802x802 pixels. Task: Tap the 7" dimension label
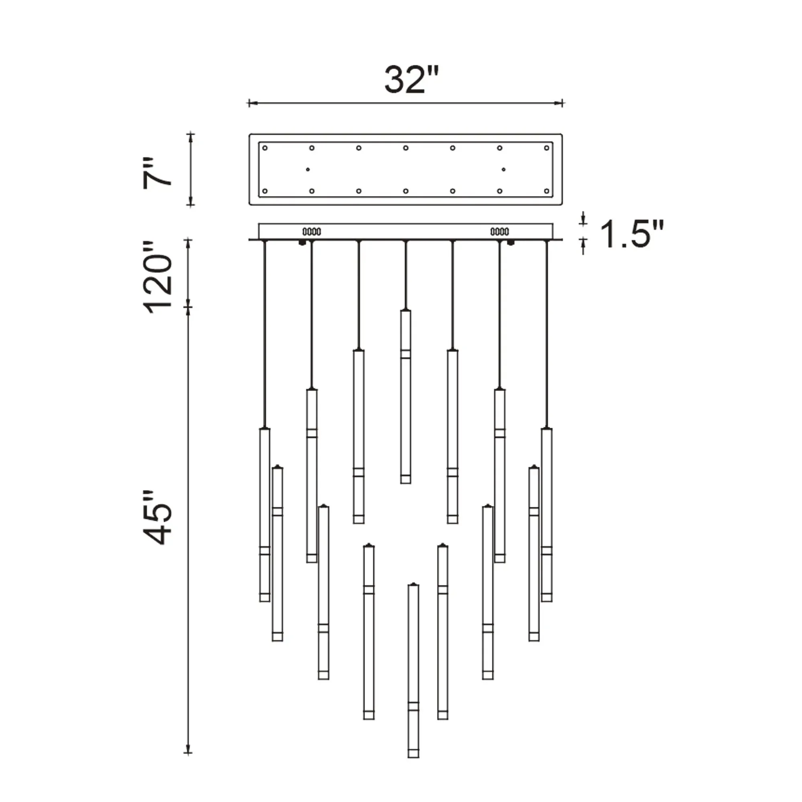pos(157,173)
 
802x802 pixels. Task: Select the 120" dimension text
pos(157,276)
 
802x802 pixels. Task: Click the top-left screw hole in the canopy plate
pos(265,148)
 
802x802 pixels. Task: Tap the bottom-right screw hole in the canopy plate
pos(546,191)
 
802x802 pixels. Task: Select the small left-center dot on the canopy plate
pos(308,169)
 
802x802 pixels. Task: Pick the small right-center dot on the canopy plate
pos(504,169)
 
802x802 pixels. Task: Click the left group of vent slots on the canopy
pos(312,232)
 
